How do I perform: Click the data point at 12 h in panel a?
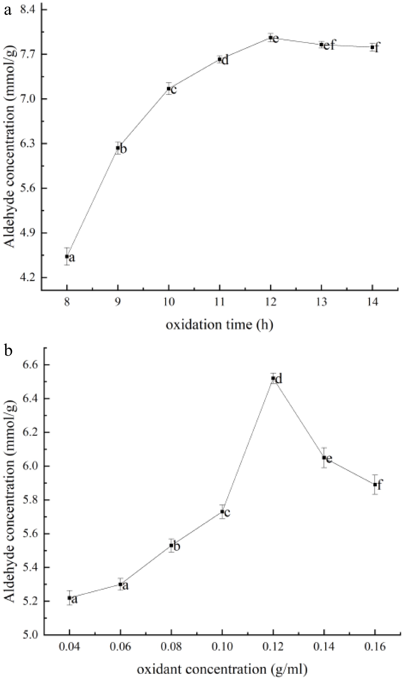270,38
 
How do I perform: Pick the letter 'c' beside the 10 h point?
174,90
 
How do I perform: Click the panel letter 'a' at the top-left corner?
8,11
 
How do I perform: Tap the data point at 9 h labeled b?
118,148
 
